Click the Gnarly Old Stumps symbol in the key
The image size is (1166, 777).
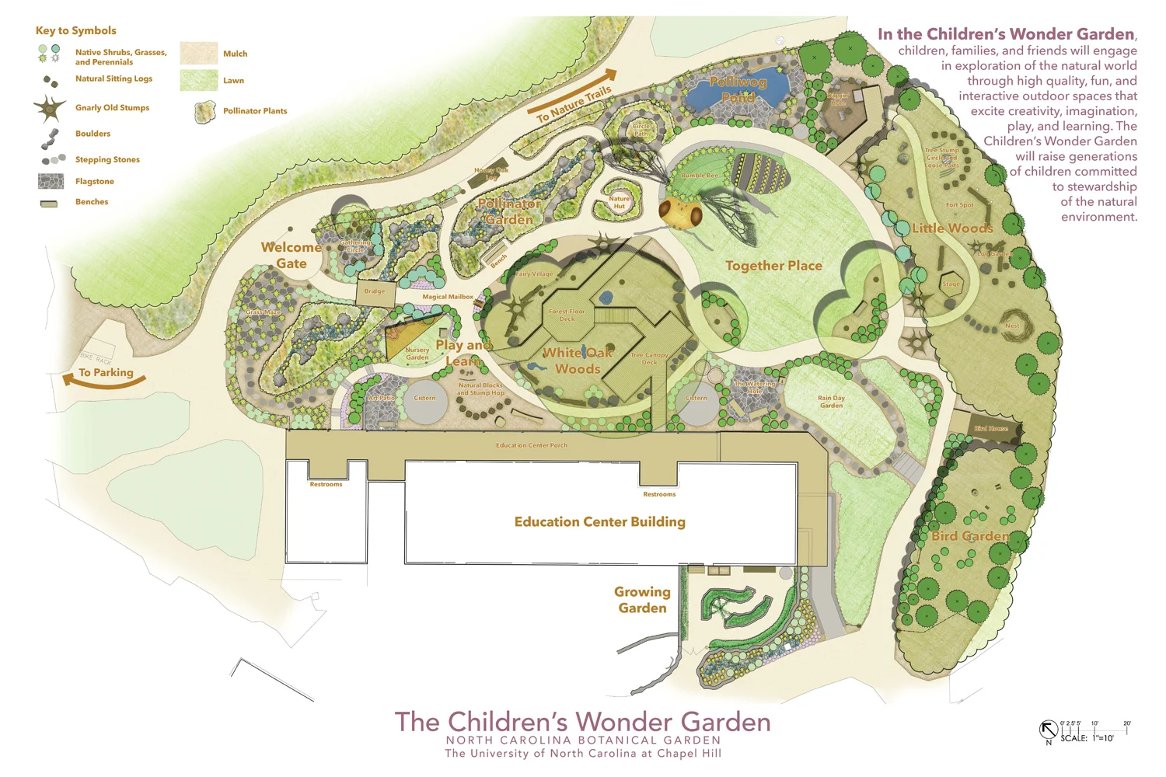pos(50,109)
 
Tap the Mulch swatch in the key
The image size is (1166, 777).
pos(198,53)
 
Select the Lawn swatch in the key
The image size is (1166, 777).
pos(198,80)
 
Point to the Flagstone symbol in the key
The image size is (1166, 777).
pos(51,181)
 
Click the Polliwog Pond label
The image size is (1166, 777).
pos(738,89)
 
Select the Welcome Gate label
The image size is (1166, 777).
pos(291,255)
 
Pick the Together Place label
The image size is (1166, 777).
pos(773,266)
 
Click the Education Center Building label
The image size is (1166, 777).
pos(599,521)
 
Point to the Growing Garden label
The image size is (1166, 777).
pos(642,600)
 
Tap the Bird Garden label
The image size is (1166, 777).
pos(970,536)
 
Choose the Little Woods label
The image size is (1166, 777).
pos(952,228)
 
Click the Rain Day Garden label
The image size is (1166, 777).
pos(831,402)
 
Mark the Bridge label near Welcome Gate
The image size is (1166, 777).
pos(375,291)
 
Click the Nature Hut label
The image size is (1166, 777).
pos(620,202)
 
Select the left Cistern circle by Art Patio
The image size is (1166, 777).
pos(424,401)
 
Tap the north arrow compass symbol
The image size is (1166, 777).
pos(1048,730)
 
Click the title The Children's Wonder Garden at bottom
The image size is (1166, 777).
pos(582,722)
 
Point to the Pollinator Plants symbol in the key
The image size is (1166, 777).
pos(204,112)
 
